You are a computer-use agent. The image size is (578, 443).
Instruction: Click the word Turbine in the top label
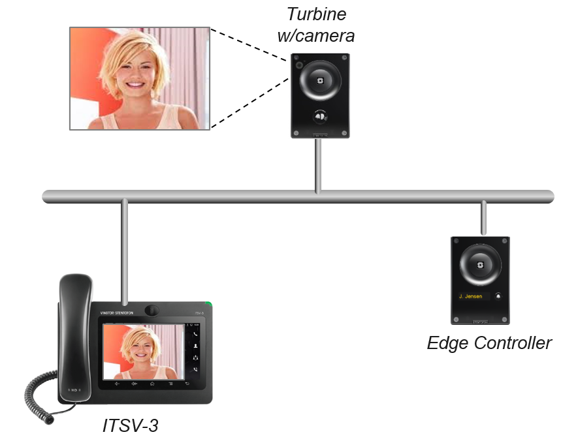(x=317, y=14)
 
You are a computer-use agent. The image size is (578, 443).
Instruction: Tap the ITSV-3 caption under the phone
(x=131, y=425)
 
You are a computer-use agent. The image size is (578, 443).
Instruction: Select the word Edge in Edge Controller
(x=447, y=343)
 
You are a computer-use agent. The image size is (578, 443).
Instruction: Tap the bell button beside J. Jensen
(x=498, y=296)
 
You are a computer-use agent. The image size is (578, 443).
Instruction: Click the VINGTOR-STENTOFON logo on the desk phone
(x=118, y=313)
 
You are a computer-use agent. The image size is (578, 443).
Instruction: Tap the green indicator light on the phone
(x=208, y=304)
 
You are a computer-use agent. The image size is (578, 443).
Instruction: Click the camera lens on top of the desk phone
(x=152, y=309)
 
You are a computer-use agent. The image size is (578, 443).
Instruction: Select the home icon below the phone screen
(x=152, y=384)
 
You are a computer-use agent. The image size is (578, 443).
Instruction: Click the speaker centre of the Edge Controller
(x=480, y=266)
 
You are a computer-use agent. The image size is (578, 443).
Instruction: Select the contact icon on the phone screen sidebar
(x=195, y=346)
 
